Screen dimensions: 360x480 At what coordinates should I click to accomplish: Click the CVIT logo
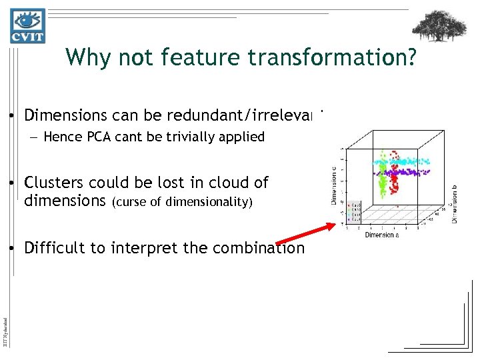point(27,26)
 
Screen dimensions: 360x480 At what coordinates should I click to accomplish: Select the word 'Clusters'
point(52,183)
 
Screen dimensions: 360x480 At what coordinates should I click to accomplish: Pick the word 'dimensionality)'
point(215,202)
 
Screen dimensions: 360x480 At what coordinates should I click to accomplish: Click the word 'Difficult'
point(51,248)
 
